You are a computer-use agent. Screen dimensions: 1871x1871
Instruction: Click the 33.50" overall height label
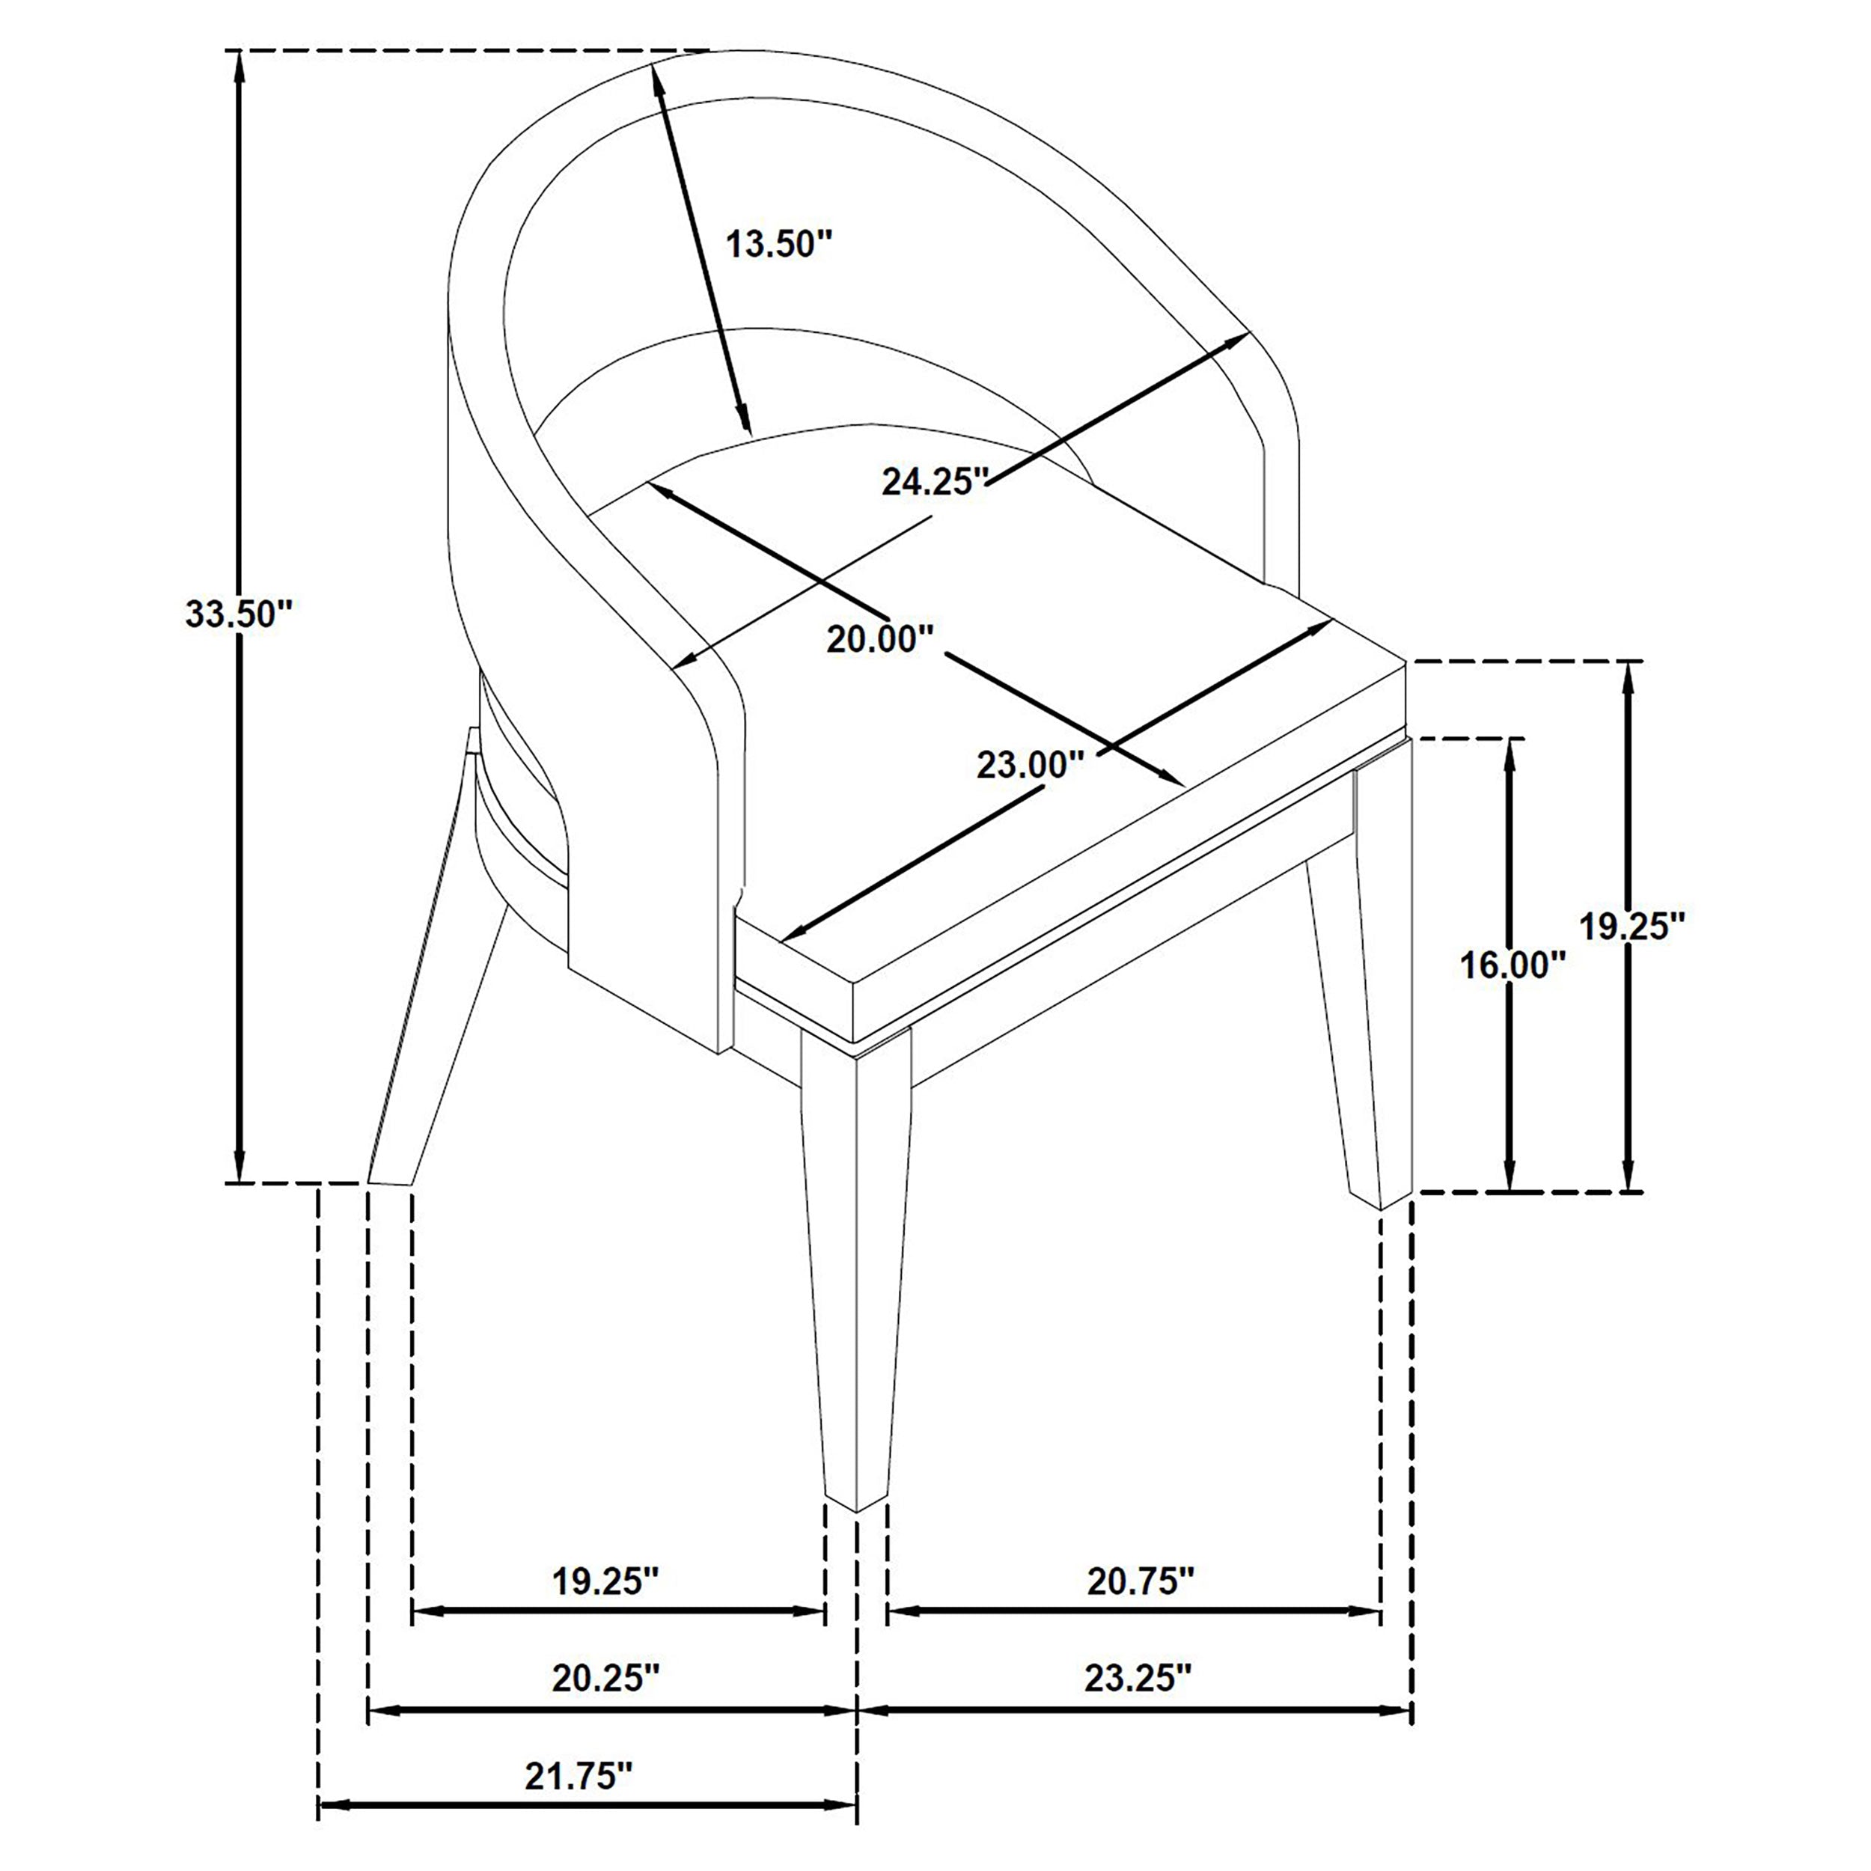238,614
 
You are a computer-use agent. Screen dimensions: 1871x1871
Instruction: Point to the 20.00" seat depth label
879,639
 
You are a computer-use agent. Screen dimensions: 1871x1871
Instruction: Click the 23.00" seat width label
1028,765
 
